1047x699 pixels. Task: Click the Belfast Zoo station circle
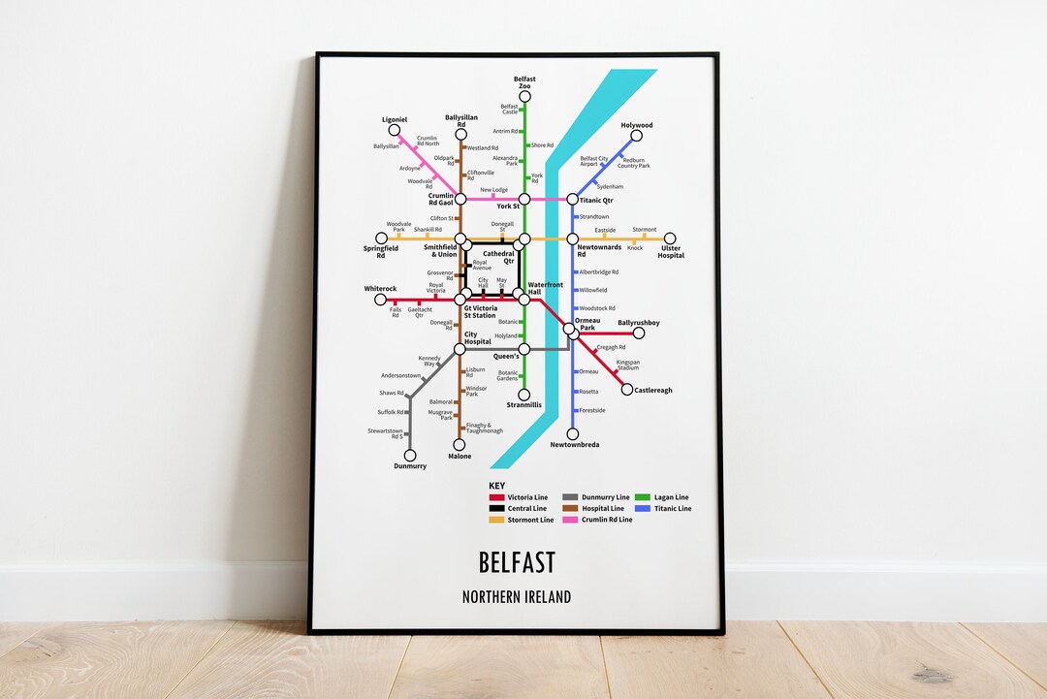click(524, 97)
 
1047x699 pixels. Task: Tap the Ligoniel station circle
click(393, 131)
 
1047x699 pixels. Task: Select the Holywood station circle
click(636, 136)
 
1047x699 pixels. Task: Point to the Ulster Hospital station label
click(670, 252)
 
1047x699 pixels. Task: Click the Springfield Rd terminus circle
click(381, 238)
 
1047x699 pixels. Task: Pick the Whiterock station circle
click(381, 300)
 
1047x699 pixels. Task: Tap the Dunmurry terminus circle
click(409, 455)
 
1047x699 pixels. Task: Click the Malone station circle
click(460, 445)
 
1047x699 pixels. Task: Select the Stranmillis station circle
click(524, 395)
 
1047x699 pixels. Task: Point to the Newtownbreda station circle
click(573, 434)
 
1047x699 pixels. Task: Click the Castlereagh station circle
click(627, 390)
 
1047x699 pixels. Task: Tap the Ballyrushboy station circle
click(639, 333)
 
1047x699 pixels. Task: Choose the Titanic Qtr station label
click(596, 201)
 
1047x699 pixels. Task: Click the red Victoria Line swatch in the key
click(495, 497)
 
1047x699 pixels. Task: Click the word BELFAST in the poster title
click(517, 562)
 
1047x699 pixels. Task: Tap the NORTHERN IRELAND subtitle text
click(517, 597)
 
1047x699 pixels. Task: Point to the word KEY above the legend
click(496, 486)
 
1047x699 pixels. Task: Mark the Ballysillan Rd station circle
click(460, 136)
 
